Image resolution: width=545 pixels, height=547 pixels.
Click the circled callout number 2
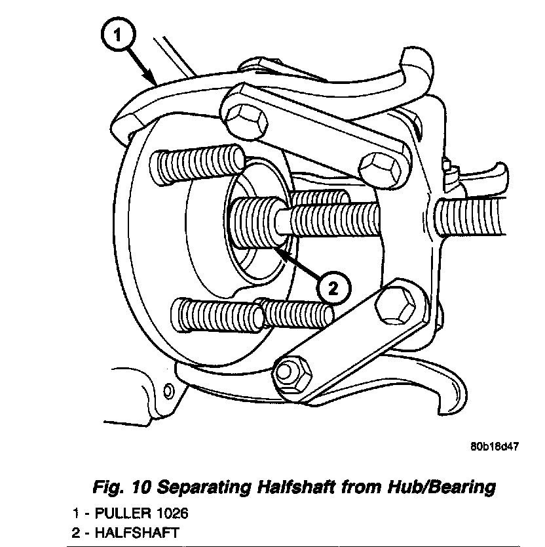point(333,287)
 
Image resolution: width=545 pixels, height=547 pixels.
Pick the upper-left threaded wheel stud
point(197,161)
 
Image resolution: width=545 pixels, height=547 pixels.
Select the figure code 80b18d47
point(495,448)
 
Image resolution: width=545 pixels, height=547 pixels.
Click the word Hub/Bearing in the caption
point(433,487)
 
